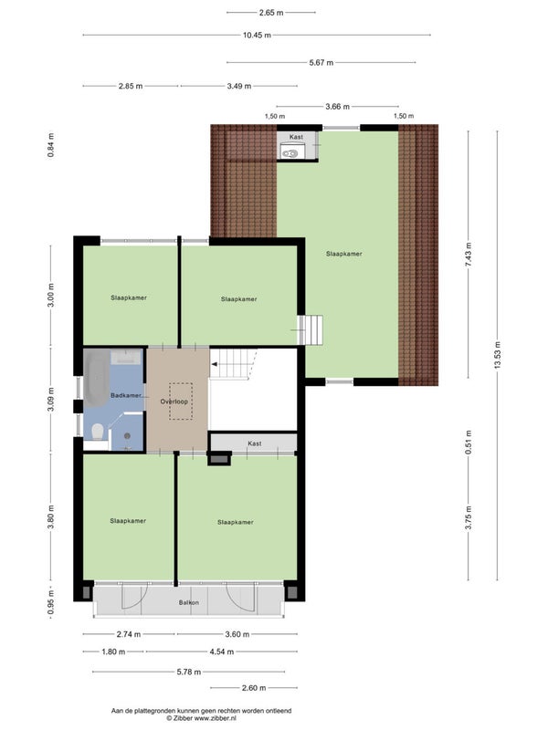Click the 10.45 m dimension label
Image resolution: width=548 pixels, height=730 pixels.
(x=257, y=35)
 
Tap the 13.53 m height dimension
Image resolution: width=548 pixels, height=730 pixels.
(x=498, y=355)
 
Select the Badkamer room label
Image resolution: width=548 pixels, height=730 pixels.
(x=126, y=395)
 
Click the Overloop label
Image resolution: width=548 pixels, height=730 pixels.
(x=174, y=401)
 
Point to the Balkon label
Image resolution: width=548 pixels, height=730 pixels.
(x=189, y=602)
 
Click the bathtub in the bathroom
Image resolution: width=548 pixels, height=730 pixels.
(x=97, y=379)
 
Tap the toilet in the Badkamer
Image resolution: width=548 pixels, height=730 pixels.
(x=98, y=432)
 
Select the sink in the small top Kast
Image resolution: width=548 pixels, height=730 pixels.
(x=290, y=152)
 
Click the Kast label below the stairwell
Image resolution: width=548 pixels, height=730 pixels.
(x=255, y=443)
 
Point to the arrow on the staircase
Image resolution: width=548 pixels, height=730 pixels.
(x=215, y=364)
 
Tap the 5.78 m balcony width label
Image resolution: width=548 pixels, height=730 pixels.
(x=189, y=672)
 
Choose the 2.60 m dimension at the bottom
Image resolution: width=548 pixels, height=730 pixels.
(x=254, y=688)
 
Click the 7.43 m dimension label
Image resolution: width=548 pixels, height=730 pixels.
(x=469, y=255)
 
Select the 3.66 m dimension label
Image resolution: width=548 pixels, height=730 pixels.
(x=337, y=107)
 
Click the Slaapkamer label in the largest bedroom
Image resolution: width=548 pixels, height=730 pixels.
(x=344, y=254)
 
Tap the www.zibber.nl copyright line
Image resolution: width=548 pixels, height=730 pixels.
(x=201, y=718)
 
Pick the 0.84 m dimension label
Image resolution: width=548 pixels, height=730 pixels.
(x=51, y=145)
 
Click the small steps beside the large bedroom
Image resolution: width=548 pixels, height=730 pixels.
(x=311, y=329)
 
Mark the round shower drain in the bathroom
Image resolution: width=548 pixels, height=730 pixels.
(x=127, y=436)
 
